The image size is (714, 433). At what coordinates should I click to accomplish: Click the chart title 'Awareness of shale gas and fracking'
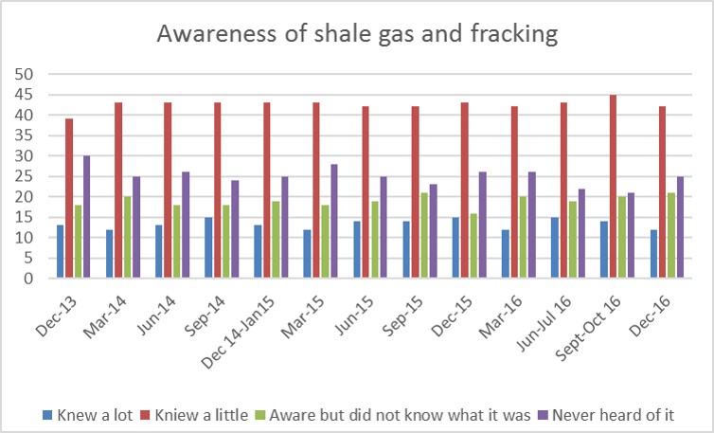(x=357, y=34)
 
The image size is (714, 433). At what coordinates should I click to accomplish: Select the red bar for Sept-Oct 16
(x=613, y=186)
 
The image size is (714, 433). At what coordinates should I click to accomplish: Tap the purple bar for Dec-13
(x=86, y=216)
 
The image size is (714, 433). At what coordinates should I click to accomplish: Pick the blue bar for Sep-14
(x=208, y=247)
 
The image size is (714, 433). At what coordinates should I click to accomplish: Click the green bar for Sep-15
(x=424, y=235)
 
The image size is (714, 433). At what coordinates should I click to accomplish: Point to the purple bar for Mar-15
(x=333, y=221)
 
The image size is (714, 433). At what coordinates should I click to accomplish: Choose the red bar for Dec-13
(x=69, y=198)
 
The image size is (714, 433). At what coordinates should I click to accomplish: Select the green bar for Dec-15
(x=473, y=245)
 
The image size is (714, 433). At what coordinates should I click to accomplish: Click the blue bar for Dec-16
(x=654, y=253)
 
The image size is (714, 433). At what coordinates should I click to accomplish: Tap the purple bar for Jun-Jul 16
(x=581, y=233)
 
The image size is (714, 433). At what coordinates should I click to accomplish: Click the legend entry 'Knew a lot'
(x=87, y=415)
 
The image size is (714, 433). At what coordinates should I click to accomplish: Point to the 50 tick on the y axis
(x=24, y=74)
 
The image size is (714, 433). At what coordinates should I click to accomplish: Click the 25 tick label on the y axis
(x=24, y=176)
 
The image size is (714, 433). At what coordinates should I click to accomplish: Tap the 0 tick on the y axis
(x=28, y=278)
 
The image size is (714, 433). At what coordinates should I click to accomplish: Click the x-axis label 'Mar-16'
(x=500, y=317)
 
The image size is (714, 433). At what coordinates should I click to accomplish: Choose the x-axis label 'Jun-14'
(x=156, y=315)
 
